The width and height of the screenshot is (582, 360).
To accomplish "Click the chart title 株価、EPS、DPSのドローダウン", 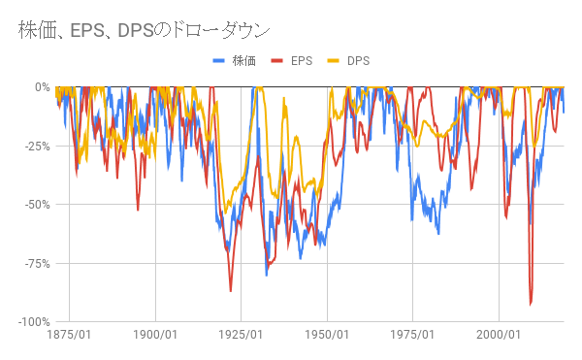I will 145,29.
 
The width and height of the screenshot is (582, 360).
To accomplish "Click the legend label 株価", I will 243,61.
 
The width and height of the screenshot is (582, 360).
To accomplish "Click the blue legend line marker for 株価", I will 219,61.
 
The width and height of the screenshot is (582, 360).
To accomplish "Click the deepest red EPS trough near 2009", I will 531,304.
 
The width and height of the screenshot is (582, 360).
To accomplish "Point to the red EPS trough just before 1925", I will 230,290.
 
